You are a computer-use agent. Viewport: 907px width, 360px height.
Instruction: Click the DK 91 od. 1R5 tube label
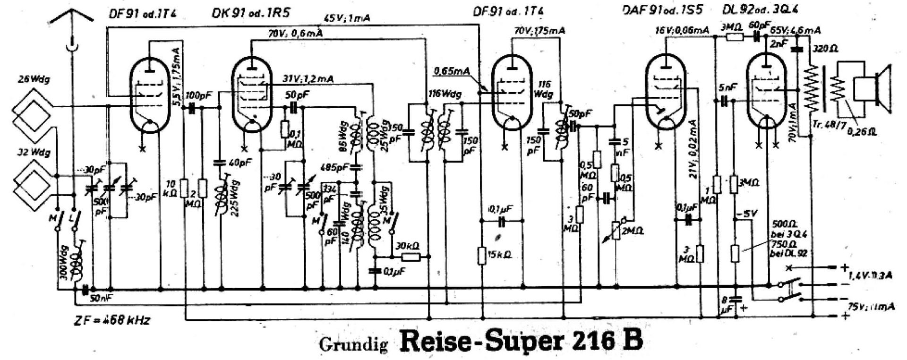[x=250, y=13]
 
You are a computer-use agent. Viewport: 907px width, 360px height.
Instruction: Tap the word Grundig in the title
[x=353, y=344]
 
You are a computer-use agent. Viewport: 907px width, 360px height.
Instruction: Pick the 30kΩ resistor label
[x=408, y=246]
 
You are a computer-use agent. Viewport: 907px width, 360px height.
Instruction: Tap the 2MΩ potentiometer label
[x=633, y=231]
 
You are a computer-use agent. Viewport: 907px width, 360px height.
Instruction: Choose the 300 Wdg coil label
[x=64, y=265]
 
